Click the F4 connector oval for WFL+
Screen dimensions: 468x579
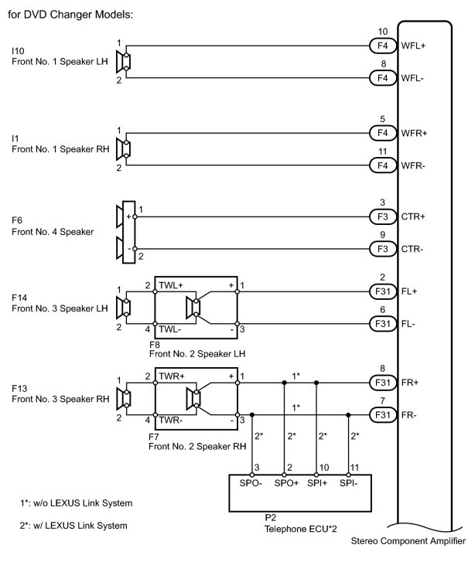(x=383, y=46)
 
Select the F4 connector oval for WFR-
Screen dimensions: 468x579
(x=383, y=165)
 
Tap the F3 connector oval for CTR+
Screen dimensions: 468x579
(x=383, y=216)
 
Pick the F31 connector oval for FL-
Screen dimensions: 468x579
(x=383, y=324)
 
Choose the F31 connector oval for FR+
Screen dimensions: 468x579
(x=383, y=383)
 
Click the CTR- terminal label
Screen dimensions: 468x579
(x=412, y=249)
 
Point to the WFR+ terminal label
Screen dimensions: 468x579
(x=414, y=133)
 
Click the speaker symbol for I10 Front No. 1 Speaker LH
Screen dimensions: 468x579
(x=123, y=62)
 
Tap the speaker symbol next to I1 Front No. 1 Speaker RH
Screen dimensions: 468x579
(x=123, y=149)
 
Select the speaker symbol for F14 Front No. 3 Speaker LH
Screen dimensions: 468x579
(x=123, y=308)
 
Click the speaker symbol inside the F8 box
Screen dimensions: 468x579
(x=193, y=308)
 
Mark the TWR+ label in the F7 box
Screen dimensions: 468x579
(x=172, y=376)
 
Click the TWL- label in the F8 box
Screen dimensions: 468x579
(x=170, y=329)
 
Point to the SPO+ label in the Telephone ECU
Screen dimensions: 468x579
(x=286, y=483)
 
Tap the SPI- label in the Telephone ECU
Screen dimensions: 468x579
(x=349, y=483)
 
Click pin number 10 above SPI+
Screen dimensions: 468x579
(x=324, y=468)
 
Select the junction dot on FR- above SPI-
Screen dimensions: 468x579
(x=348, y=415)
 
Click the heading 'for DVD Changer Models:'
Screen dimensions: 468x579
(x=70, y=15)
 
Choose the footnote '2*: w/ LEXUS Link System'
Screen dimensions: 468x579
(x=73, y=526)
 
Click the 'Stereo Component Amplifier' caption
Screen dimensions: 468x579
(x=408, y=541)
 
